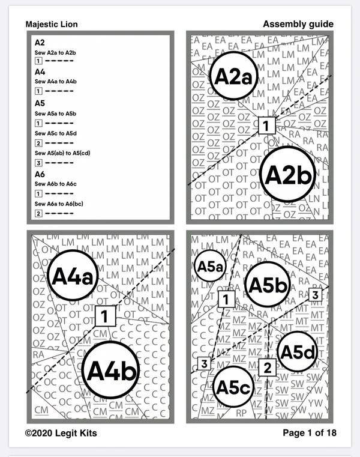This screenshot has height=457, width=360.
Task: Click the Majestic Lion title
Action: click(52, 24)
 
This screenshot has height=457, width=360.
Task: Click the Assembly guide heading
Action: click(298, 24)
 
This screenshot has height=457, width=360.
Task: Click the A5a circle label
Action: click(211, 267)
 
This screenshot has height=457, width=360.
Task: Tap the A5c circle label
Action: click(233, 387)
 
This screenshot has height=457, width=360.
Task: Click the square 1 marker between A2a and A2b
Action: click(266, 126)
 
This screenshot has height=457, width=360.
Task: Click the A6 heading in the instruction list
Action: click(40, 174)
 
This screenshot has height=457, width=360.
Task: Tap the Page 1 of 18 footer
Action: click(308, 432)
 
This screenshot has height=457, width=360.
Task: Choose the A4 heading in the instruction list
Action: click(40, 71)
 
